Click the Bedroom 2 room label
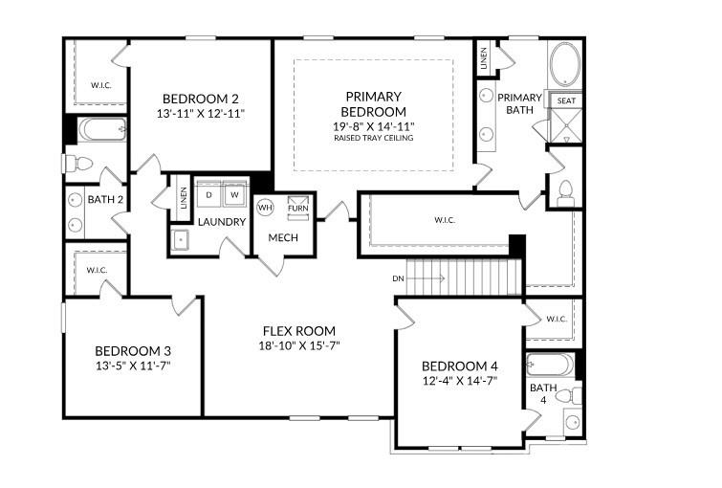tap(201, 99)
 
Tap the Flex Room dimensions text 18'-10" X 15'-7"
tap(299, 345)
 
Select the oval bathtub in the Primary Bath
tap(565, 64)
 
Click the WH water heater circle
tap(265, 208)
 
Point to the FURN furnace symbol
tap(298, 207)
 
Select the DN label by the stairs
tap(399, 278)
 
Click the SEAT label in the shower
tap(566, 100)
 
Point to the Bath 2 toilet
tap(77, 163)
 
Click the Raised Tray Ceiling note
tap(374, 138)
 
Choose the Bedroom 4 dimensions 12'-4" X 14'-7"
tap(460, 381)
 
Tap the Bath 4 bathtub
tap(550, 365)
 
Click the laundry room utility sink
tap(180, 239)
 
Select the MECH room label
tap(283, 237)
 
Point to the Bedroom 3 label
tap(133, 351)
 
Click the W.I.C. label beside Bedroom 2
tap(101, 85)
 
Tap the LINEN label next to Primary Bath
tap(484, 58)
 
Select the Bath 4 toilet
tap(570, 395)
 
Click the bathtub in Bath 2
tap(102, 129)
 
